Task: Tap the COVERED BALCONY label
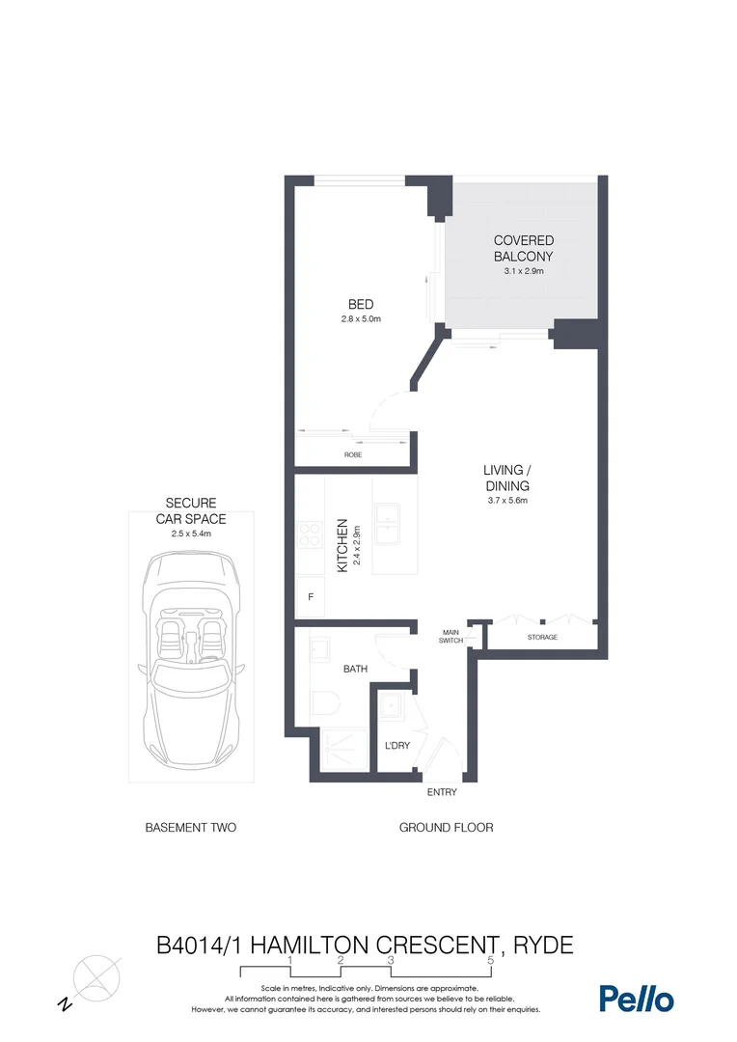tap(524, 248)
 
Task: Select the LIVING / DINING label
tap(506, 478)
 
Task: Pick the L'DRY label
tap(397, 746)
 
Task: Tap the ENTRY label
tap(442, 792)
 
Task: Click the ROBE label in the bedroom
tap(353, 454)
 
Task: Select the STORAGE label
tap(542, 638)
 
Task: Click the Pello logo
tap(636, 999)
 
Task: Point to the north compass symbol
tap(96, 976)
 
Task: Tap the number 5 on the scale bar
tap(491, 961)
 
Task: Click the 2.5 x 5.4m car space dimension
tap(190, 533)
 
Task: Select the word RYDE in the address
tap(542, 944)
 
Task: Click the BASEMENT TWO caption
tap(190, 827)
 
